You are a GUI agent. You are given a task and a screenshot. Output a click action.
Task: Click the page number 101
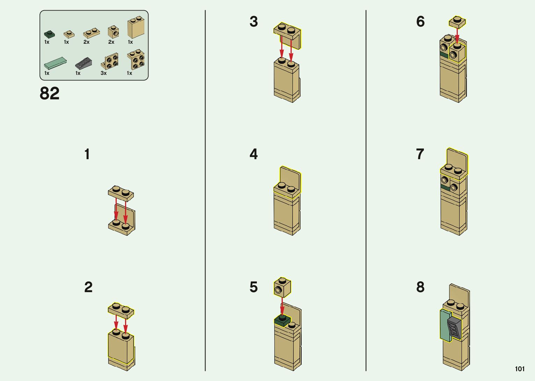click(x=520, y=369)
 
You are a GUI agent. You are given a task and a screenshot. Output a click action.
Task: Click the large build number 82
click(x=49, y=93)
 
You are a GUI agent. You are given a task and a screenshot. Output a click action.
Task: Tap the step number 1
click(x=87, y=154)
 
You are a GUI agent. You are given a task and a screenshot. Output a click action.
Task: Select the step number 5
click(x=254, y=287)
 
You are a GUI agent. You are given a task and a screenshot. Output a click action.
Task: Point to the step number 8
click(x=420, y=287)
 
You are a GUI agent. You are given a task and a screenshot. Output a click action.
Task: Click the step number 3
click(x=254, y=21)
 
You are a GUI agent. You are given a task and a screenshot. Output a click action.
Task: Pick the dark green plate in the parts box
click(x=49, y=34)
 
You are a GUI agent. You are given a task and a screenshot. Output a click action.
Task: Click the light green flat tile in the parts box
click(x=56, y=63)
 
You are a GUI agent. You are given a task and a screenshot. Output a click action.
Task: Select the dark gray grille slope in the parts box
click(x=84, y=63)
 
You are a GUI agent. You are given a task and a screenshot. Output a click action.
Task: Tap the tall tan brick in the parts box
click(x=136, y=27)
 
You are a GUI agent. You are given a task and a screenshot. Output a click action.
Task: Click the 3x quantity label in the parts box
click(x=103, y=73)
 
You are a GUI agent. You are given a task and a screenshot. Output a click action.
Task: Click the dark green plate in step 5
click(x=283, y=321)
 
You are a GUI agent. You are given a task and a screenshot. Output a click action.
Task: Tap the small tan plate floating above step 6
click(x=457, y=22)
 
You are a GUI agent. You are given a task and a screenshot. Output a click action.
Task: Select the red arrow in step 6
click(x=457, y=36)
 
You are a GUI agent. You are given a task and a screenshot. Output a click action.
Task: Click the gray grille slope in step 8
click(x=454, y=328)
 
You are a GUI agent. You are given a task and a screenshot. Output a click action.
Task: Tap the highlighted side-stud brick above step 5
click(x=282, y=288)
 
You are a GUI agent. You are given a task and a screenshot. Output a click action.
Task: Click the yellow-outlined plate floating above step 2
click(x=121, y=311)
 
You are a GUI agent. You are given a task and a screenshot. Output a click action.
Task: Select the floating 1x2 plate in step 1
click(x=121, y=193)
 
